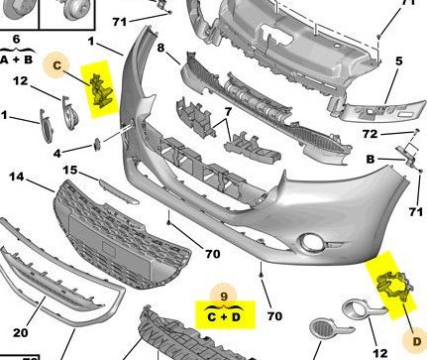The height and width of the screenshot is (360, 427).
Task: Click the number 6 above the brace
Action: point(16,40)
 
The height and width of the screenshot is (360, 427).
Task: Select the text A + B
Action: point(17,60)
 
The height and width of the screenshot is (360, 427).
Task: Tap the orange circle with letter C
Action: point(56,65)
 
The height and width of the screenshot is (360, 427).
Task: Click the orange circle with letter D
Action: point(416,340)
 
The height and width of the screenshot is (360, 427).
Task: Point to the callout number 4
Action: point(57,154)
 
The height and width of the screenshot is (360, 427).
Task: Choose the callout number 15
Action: point(70,171)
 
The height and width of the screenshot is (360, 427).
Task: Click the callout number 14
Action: point(17,177)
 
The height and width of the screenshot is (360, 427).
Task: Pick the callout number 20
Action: point(21,332)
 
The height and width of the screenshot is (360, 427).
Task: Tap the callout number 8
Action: point(160,48)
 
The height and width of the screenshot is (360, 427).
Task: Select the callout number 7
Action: point(228,112)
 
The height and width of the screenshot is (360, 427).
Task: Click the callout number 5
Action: point(399,61)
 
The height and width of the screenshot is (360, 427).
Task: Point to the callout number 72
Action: point(370,134)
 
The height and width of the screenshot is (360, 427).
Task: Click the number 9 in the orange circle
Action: point(224,296)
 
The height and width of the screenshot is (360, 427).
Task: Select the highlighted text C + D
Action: point(225,317)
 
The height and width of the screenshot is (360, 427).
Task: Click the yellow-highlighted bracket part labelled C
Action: point(101,91)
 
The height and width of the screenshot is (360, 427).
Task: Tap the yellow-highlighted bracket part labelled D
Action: point(394,286)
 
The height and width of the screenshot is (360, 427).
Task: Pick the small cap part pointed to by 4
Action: point(97,145)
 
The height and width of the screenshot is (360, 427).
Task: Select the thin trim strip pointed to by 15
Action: point(119,190)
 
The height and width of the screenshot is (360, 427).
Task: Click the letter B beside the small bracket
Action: point(371,160)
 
